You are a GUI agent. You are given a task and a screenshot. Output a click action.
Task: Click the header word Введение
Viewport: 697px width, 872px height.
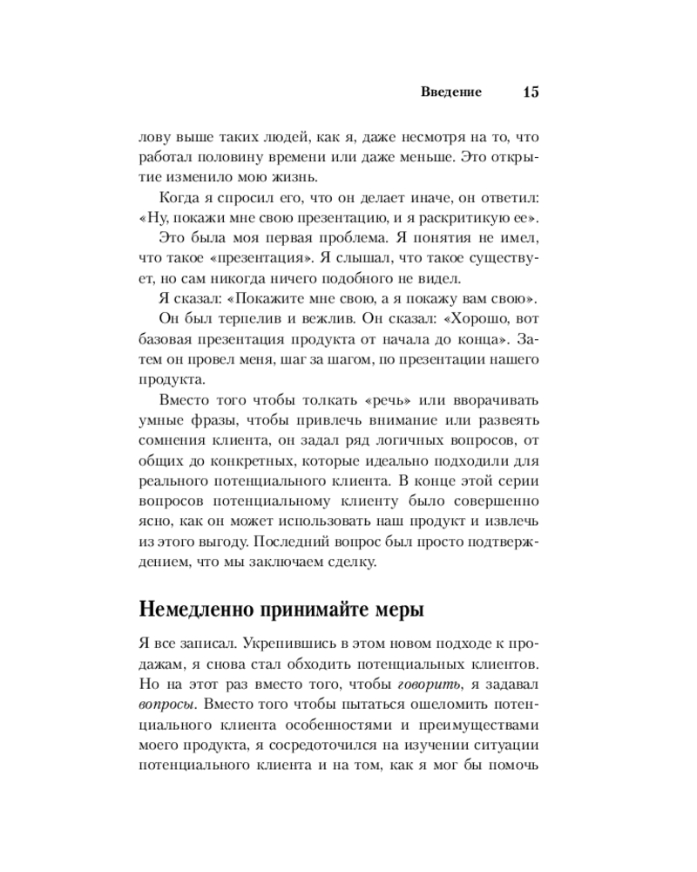pos(451,92)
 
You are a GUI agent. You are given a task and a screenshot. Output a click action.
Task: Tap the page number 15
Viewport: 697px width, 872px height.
pos(531,92)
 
